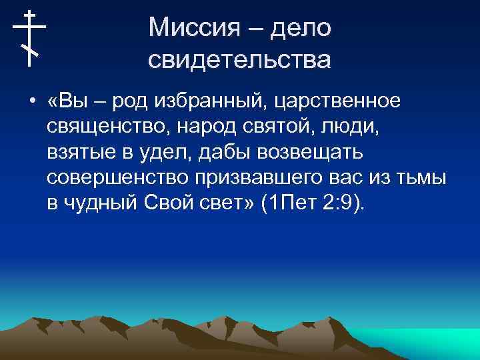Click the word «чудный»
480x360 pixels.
pyautogui.click(x=101, y=203)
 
